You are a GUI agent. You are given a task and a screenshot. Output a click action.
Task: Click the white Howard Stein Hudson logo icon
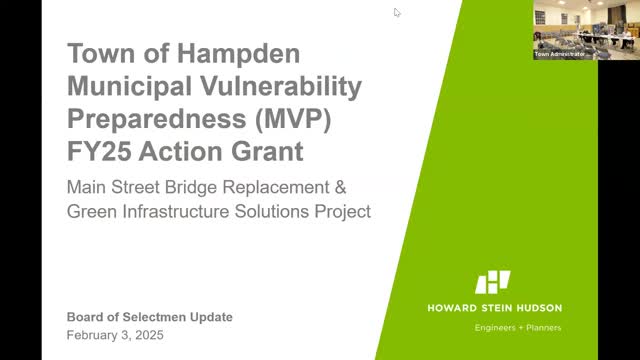[492, 282]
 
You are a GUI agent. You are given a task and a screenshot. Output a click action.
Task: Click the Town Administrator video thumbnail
[566, 30]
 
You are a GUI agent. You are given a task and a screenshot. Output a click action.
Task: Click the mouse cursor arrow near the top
[396, 12]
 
